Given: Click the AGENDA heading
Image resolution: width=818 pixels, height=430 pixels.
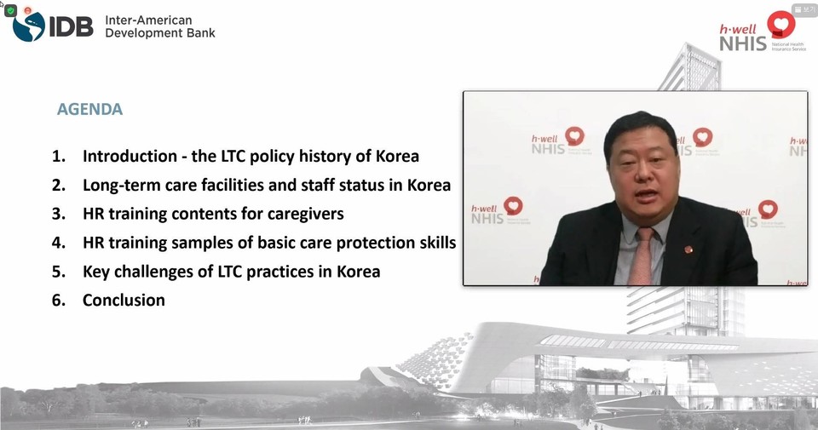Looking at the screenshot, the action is click(x=89, y=109).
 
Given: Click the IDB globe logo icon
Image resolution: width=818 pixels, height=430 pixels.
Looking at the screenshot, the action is click(x=29, y=26).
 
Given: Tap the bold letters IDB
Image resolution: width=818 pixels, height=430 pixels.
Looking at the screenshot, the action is click(x=71, y=26).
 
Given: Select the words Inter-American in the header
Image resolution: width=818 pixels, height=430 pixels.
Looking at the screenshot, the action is click(x=148, y=20).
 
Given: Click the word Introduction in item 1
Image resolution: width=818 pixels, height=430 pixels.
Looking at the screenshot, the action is click(x=130, y=156).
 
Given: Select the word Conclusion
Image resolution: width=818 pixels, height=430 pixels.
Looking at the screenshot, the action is click(x=124, y=301).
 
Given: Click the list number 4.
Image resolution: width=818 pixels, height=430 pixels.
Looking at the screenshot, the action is click(x=59, y=243).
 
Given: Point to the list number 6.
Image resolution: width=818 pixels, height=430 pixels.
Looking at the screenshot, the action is click(x=59, y=301).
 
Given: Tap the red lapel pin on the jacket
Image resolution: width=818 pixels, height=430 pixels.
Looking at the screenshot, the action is click(x=688, y=249).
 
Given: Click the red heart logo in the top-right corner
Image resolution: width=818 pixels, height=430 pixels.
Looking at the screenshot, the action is click(x=781, y=24).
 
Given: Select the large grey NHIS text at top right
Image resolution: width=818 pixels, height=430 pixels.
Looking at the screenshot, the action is click(x=743, y=43).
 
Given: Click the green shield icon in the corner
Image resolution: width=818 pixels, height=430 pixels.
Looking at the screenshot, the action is click(x=11, y=10).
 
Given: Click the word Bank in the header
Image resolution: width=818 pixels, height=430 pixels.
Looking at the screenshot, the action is click(x=201, y=33).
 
